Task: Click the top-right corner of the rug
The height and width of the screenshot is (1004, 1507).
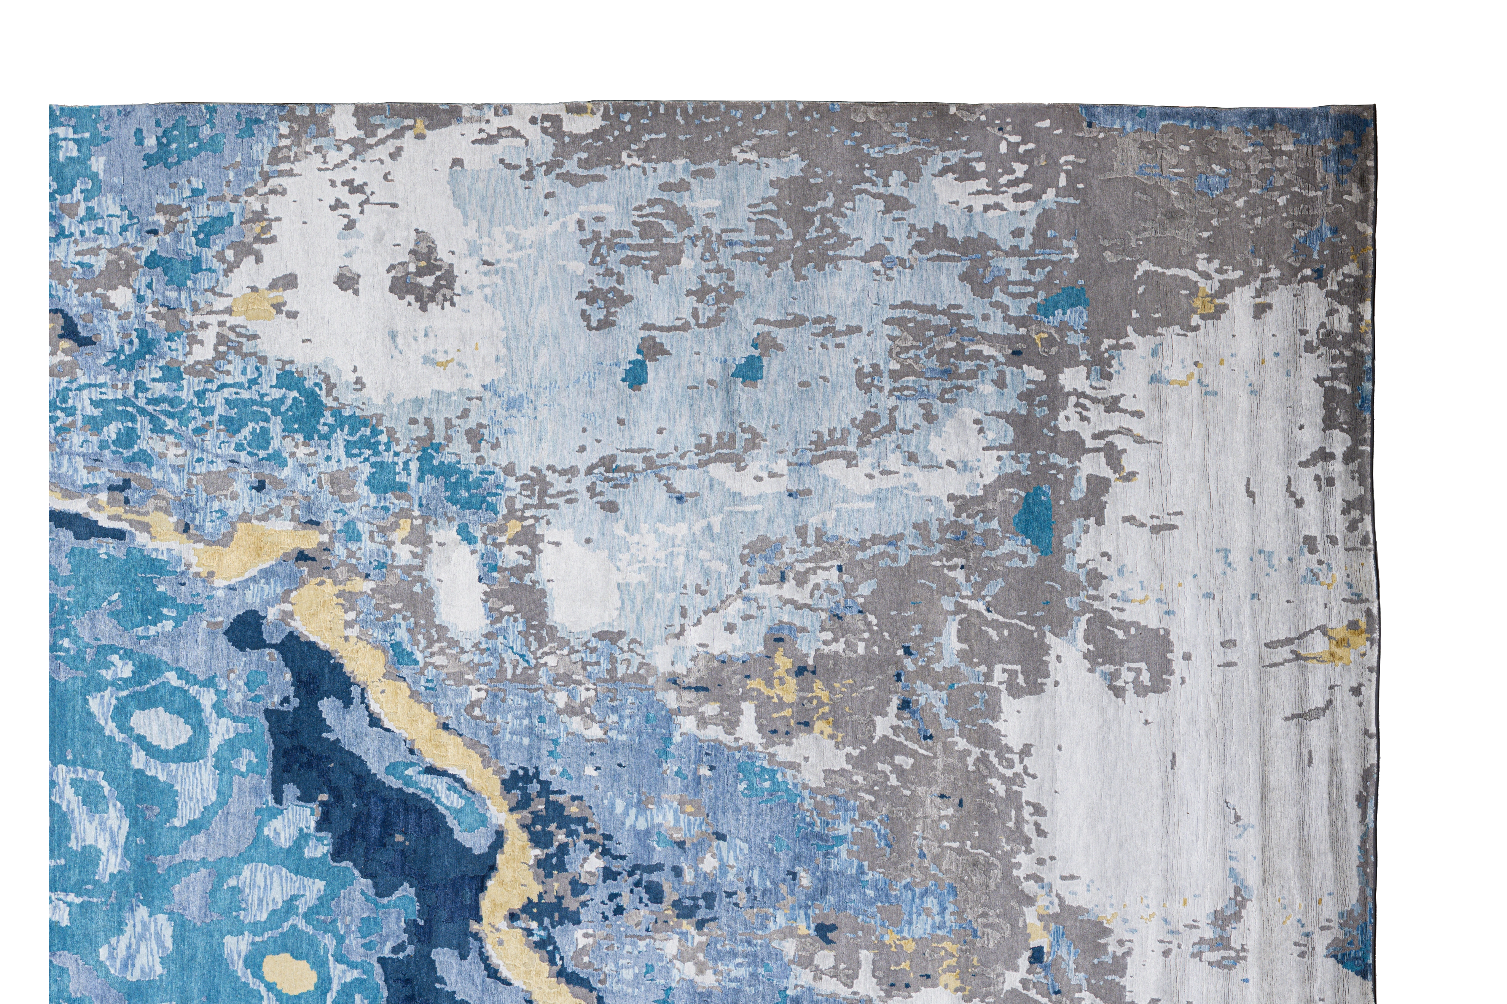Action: (x=1375, y=104)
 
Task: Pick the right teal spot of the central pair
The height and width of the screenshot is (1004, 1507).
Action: (x=746, y=367)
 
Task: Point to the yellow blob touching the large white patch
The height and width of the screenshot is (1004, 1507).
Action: (x=256, y=305)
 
